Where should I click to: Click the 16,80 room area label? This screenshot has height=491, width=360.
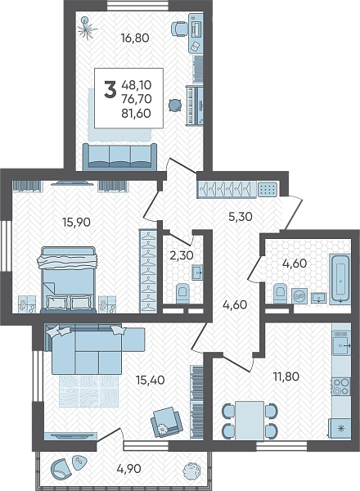tap(135, 38)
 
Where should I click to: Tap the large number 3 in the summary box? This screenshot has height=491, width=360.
tap(110, 89)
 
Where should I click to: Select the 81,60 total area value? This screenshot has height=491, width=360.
tap(137, 113)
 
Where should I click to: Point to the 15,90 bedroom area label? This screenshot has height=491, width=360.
tap(76, 222)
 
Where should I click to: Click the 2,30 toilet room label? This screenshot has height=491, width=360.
tap(182, 255)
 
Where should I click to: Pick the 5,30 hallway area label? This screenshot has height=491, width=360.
tap(241, 216)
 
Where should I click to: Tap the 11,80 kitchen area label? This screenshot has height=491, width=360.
tap(286, 376)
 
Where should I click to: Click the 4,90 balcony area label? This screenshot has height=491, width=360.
tap(128, 469)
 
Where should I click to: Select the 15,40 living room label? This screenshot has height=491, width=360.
tap(151, 380)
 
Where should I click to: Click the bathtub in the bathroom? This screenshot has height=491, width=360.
tap(340, 279)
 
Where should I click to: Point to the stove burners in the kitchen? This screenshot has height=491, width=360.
tap(341, 386)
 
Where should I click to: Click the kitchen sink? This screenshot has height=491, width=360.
tap(341, 345)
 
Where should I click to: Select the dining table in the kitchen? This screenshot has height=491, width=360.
tap(250, 421)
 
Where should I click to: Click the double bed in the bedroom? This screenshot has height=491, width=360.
tap(68, 280)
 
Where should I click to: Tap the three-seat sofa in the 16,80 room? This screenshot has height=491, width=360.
tap(120, 156)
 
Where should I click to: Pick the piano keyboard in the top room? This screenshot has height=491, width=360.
tap(194, 105)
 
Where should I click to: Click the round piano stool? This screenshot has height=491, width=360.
tap(174, 105)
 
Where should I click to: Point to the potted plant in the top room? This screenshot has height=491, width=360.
tap(87, 28)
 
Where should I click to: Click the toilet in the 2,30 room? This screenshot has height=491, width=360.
tap(182, 294)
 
